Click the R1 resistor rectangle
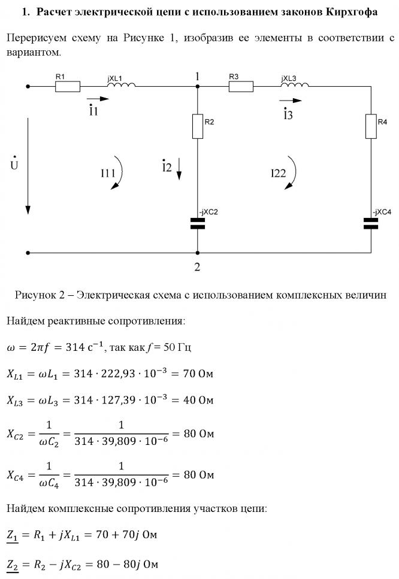click(68, 86)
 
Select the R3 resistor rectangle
click(240, 86)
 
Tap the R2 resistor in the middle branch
click(197, 125)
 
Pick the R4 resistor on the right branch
click(371, 126)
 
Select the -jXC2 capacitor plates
click(197, 223)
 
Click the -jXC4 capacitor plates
click(371, 223)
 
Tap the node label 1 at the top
click(197, 77)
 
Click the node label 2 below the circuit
click(197, 267)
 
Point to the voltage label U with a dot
click(14, 163)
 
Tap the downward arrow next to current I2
click(180, 170)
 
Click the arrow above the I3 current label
click(291, 101)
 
